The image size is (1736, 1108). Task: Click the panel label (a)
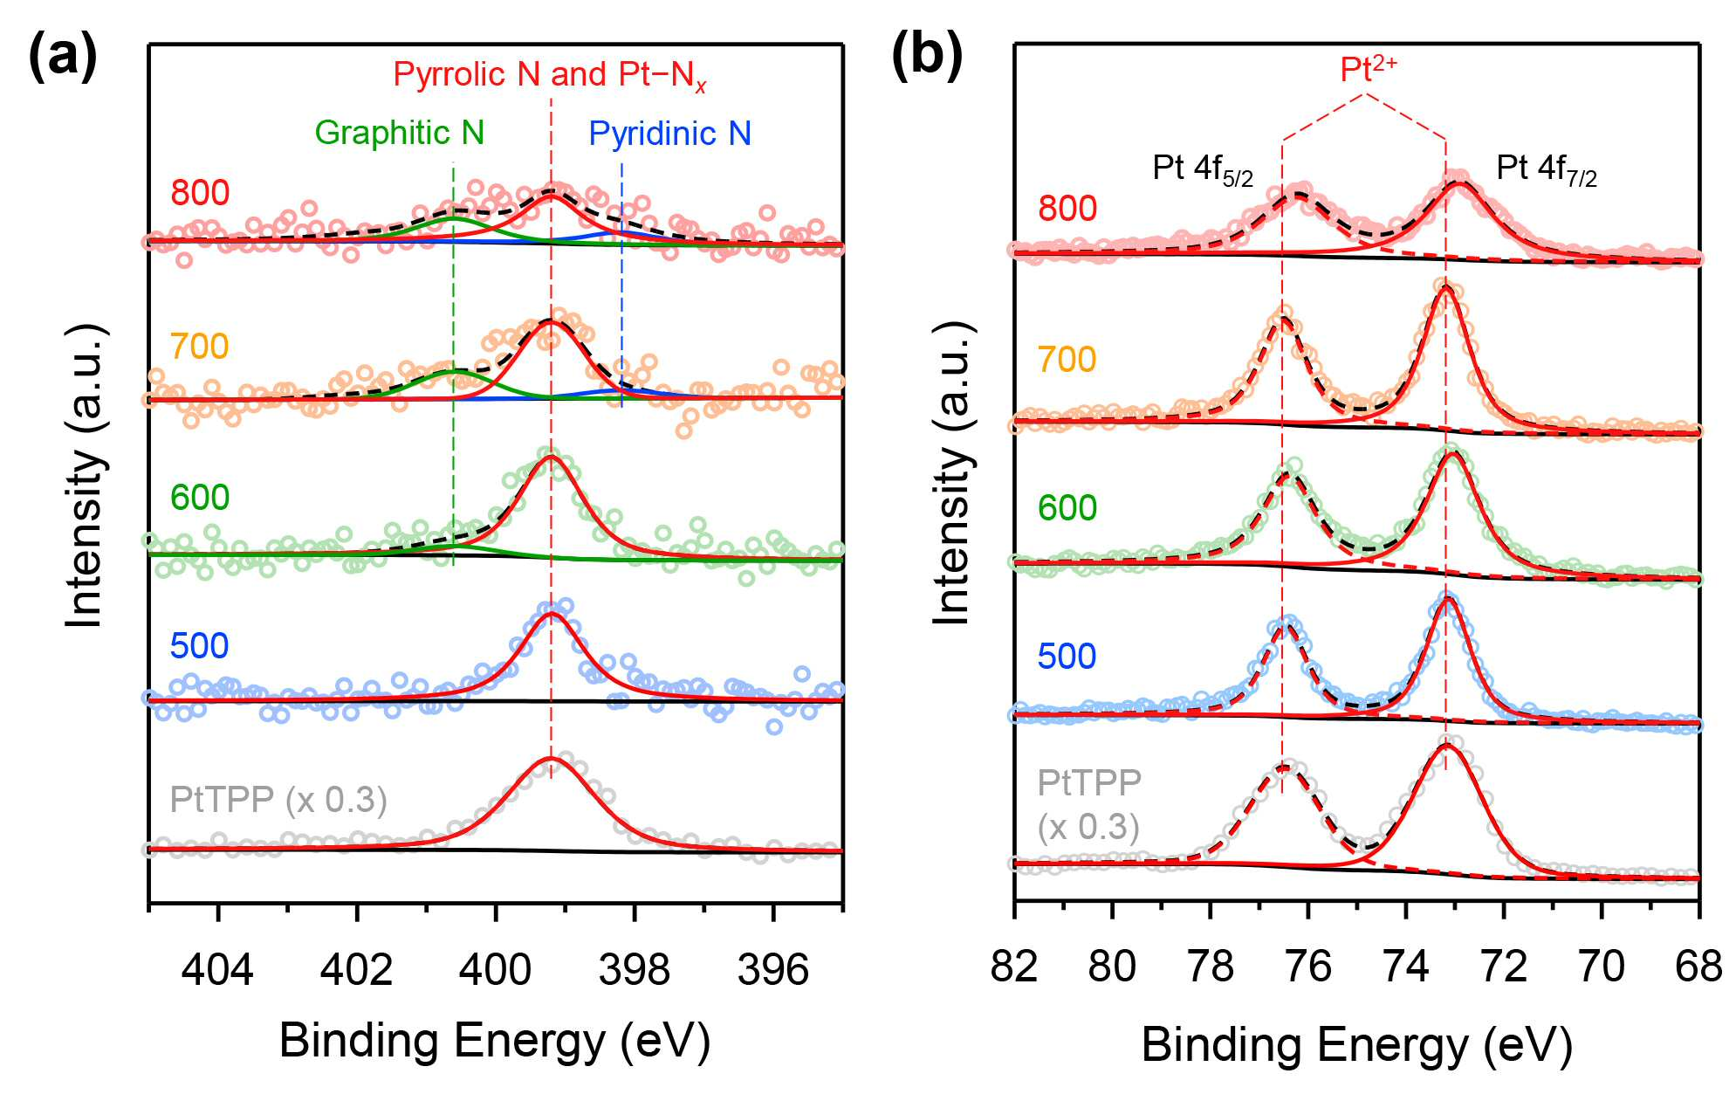click(63, 56)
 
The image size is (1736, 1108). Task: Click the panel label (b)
click(927, 56)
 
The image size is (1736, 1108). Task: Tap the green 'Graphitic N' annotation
click(399, 133)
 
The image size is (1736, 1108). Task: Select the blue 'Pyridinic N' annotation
click(669, 134)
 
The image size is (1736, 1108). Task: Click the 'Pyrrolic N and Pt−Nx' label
click(549, 76)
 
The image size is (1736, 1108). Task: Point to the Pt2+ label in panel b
click(1369, 67)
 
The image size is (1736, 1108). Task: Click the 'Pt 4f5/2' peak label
click(1203, 169)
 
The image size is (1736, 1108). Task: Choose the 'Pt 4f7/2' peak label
click(1547, 169)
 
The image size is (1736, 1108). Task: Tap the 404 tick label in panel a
click(217, 969)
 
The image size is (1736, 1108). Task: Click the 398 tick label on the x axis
click(635, 969)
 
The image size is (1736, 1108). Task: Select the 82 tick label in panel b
click(1014, 967)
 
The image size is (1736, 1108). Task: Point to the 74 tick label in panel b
click(1406, 967)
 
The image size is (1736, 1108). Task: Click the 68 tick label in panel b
click(1699, 967)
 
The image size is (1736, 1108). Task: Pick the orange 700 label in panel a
click(200, 347)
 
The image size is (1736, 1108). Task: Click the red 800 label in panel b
click(1067, 209)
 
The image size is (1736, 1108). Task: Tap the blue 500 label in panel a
click(200, 646)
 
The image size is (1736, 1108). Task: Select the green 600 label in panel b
click(1067, 508)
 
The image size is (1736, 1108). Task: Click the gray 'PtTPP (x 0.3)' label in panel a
click(278, 800)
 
